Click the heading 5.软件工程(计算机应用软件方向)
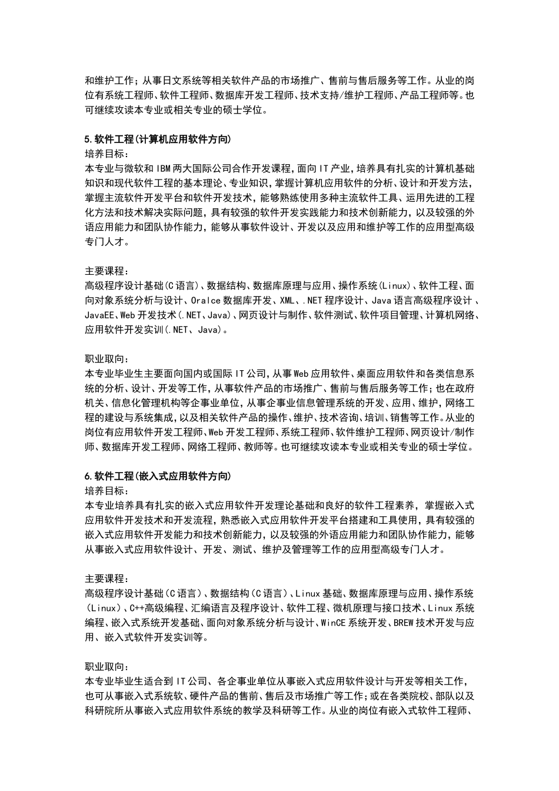pyautogui.click(x=158, y=139)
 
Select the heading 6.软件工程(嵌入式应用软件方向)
pyautogui.click(x=158, y=476)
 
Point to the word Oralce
pyautogui.click(x=205, y=301)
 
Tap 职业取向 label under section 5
pyautogui.click(x=105, y=359)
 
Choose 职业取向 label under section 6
pyautogui.click(x=105, y=666)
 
